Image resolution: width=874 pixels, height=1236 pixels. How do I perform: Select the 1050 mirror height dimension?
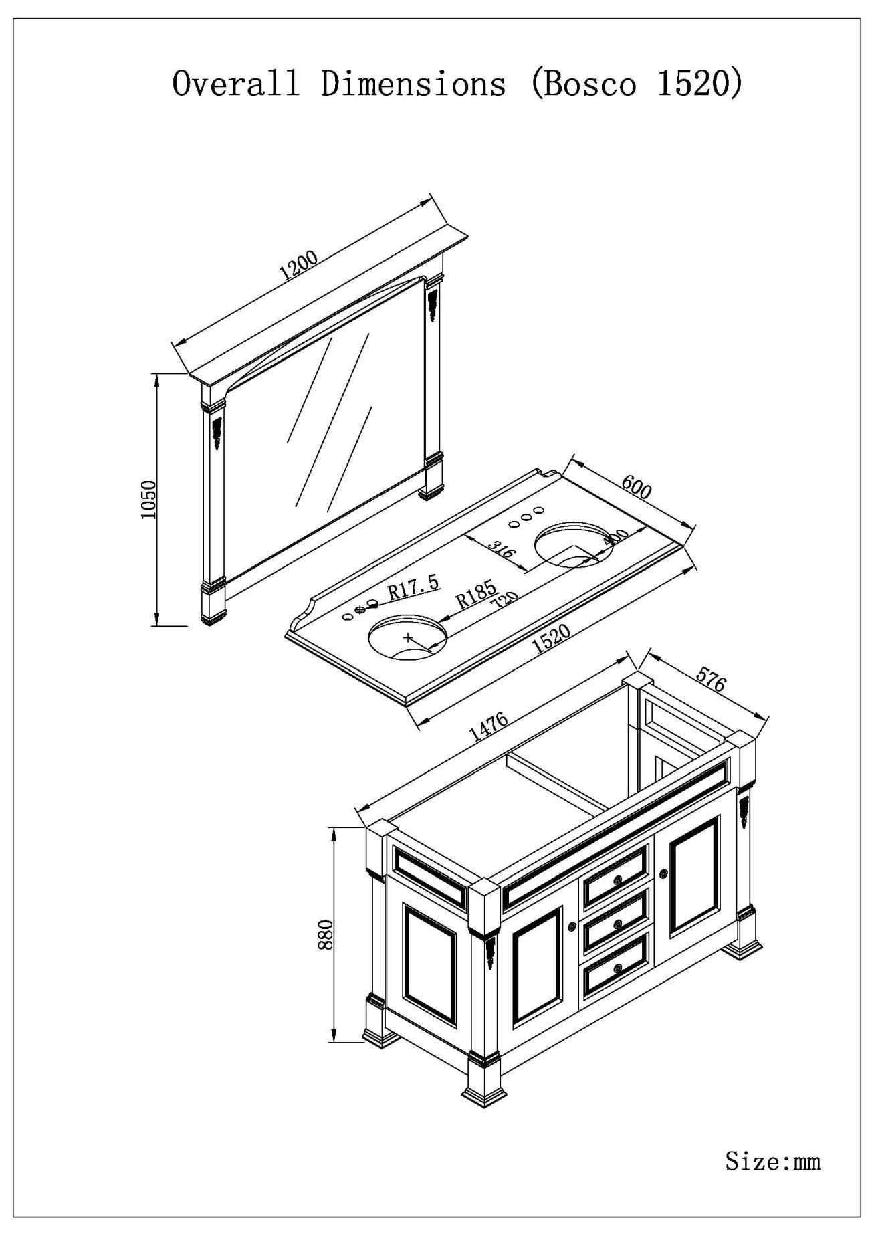(148, 500)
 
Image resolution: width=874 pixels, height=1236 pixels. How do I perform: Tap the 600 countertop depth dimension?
(636, 487)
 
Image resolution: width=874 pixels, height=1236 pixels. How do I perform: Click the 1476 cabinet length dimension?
(488, 728)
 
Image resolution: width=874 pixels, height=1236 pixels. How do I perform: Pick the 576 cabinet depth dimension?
(711, 680)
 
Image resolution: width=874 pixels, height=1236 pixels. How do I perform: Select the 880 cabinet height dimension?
(326, 935)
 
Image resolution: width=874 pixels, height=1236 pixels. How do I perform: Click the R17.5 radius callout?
(413, 589)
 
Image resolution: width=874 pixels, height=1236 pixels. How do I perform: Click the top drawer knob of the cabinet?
(617, 878)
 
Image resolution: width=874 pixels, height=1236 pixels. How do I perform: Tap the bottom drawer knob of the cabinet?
(617, 968)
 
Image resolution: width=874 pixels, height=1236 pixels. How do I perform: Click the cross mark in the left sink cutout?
(409, 637)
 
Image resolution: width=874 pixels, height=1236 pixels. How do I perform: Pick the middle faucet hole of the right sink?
(526, 516)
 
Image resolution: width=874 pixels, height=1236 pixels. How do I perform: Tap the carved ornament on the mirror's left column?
(217, 432)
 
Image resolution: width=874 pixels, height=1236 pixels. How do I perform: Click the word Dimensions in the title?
(413, 84)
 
